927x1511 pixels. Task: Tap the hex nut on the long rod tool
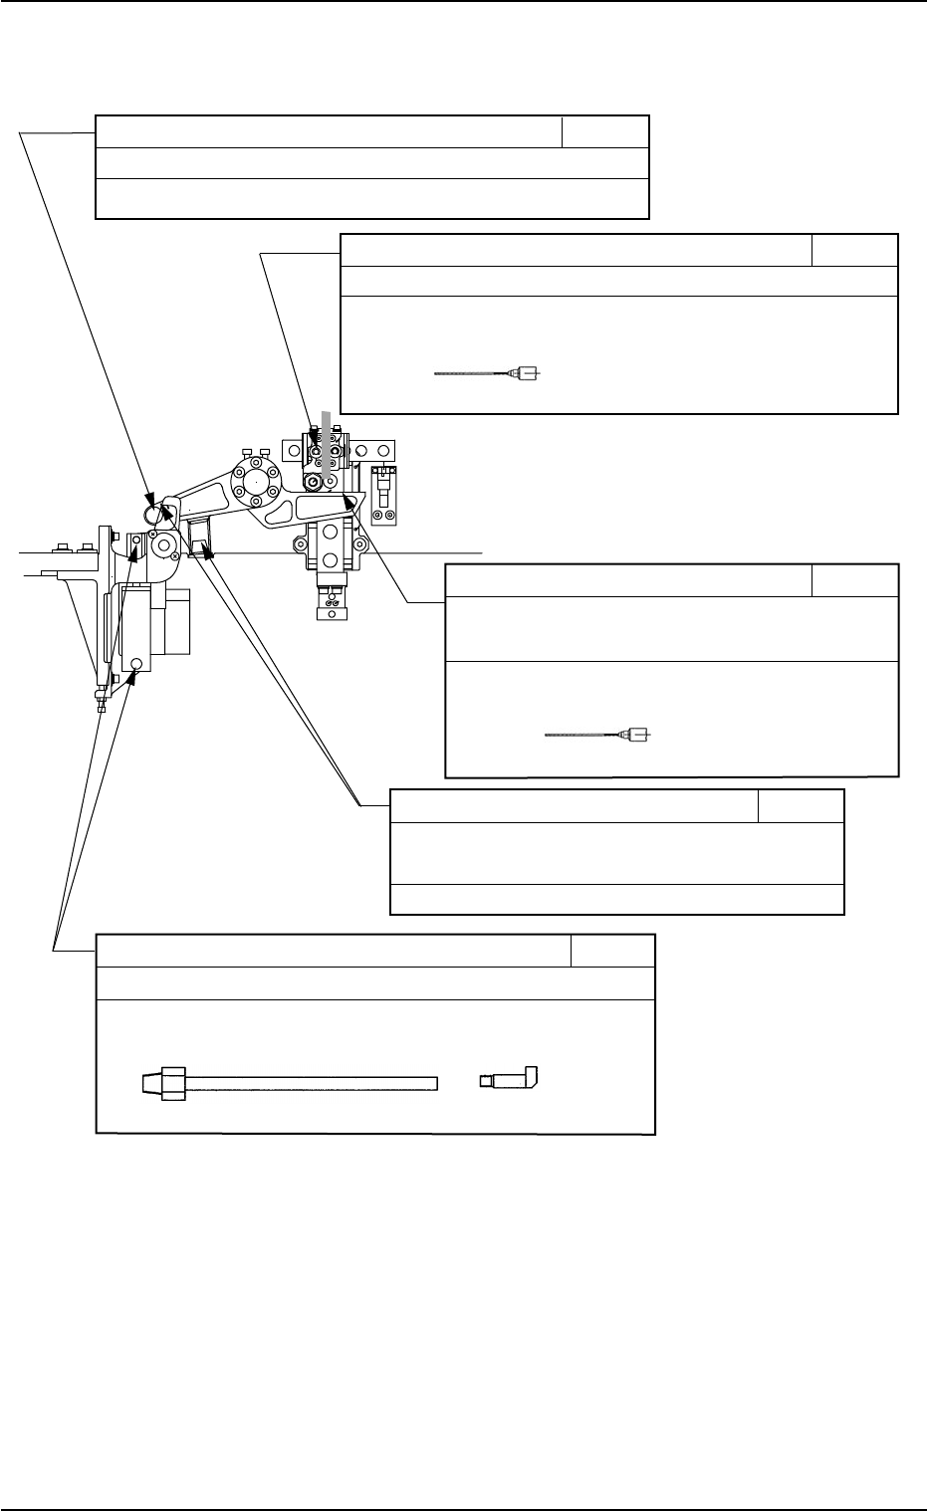pyautogui.click(x=174, y=1083)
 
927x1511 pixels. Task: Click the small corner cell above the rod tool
pyautogui.click(x=612, y=951)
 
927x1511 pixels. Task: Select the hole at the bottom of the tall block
pyautogui.click(x=137, y=663)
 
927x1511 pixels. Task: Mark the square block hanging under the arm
pyautogui.click(x=201, y=538)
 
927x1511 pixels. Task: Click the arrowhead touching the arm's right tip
pyautogui.click(x=347, y=499)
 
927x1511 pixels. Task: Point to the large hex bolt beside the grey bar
pyautogui.click(x=314, y=483)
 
